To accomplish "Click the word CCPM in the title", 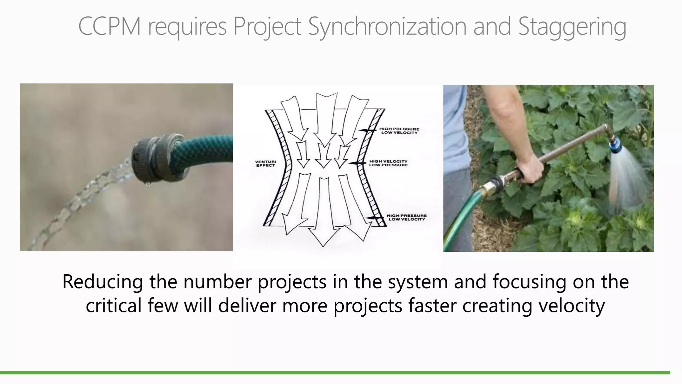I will coord(109,27).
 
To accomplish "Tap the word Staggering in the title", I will coord(572,27).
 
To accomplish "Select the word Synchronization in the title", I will coord(387,27).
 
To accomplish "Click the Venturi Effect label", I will coord(265,163).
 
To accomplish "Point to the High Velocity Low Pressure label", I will coord(388,163).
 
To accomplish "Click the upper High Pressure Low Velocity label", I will coord(399,131).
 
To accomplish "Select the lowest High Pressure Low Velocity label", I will coord(406,217).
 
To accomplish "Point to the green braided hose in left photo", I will coord(206,150).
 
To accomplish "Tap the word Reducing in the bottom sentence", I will coord(102,282).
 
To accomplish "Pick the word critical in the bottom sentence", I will coord(113,305).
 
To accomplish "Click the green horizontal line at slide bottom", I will coord(333,372).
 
